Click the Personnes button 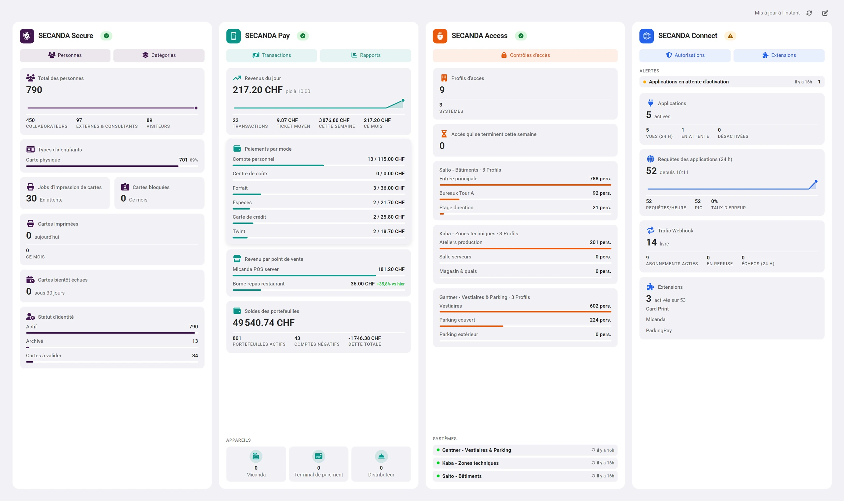pyautogui.click(x=65, y=55)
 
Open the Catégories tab pyautogui.click(x=159, y=55)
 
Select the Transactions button pyautogui.click(x=271, y=55)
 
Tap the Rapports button pyautogui.click(x=365, y=55)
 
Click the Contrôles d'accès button pyautogui.click(x=525, y=55)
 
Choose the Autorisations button pyautogui.click(x=685, y=55)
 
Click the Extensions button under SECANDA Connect pyautogui.click(x=779, y=55)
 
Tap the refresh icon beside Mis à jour pyautogui.click(x=809, y=13)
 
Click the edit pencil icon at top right pyautogui.click(x=825, y=13)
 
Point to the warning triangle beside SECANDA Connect pyautogui.click(x=730, y=36)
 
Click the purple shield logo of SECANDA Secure pyautogui.click(x=27, y=36)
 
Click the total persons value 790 pyautogui.click(x=34, y=90)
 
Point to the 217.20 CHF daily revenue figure pyautogui.click(x=257, y=90)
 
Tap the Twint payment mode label pyautogui.click(x=239, y=232)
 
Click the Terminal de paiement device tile pyautogui.click(x=318, y=464)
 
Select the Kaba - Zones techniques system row pyautogui.click(x=525, y=463)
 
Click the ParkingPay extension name pyautogui.click(x=659, y=331)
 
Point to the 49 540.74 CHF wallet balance pyautogui.click(x=264, y=323)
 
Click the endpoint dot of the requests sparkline pyautogui.click(x=816, y=182)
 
